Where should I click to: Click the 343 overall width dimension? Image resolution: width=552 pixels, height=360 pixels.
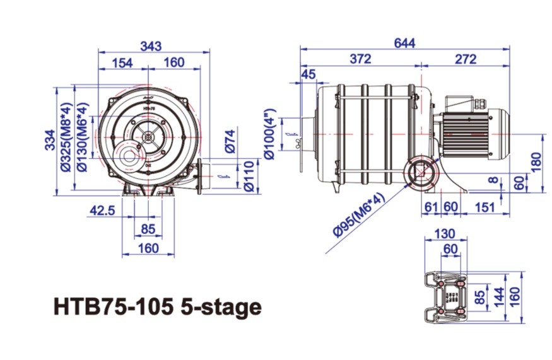(x=151, y=46)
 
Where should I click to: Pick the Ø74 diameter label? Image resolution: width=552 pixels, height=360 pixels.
(x=230, y=141)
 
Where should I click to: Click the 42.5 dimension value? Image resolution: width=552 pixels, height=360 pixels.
(x=101, y=211)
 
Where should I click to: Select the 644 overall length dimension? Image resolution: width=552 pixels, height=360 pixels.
(x=404, y=43)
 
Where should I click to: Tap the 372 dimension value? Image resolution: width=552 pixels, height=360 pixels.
(x=360, y=59)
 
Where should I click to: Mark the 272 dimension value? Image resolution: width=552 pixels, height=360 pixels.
(x=466, y=59)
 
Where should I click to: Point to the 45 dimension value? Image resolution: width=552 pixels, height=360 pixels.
(x=308, y=75)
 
